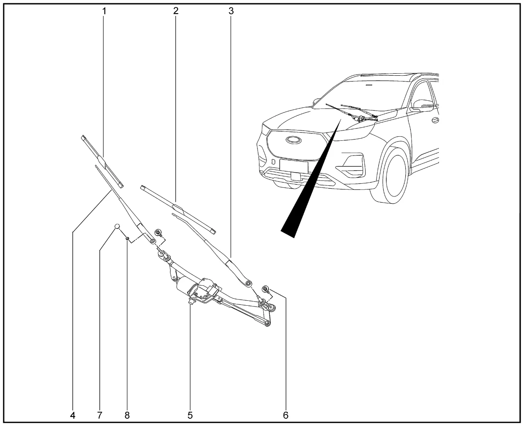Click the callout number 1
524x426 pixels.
(104, 11)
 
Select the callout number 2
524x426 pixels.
(176, 11)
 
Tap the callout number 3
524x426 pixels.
(231, 11)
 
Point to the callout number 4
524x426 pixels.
(72, 415)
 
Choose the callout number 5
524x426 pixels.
(190, 415)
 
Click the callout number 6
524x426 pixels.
(286, 415)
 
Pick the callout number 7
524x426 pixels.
(99, 415)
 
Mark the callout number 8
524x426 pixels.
(127, 415)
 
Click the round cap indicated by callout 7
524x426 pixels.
(117, 226)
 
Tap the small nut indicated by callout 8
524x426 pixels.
(127, 238)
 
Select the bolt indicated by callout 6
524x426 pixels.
(266, 289)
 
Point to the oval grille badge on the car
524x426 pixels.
(294, 140)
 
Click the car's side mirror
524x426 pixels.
(422, 104)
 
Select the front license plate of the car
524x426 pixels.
(294, 167)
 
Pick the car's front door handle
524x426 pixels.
(435, 121)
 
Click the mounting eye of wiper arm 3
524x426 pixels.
(249, 283)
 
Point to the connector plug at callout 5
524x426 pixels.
(191, 301)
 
